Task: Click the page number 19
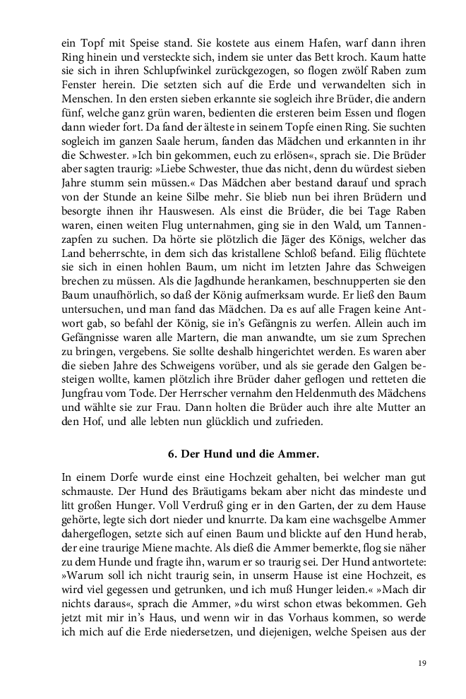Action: (421, 662)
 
